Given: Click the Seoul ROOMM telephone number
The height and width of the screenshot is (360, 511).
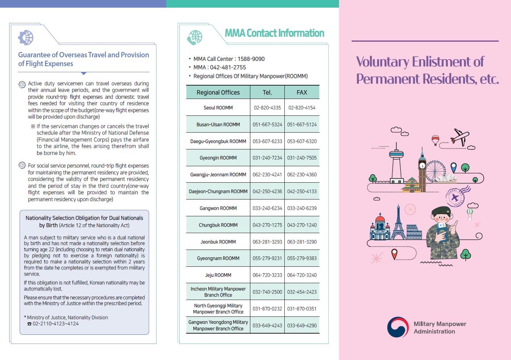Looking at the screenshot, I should click(x=267, y=108).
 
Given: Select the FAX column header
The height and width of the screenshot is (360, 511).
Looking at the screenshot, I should click(x=302, y=92).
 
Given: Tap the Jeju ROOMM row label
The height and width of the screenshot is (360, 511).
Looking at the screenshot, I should click(x=218, y=275).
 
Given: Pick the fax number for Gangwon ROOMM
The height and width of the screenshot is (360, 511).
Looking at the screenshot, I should click(x=302, y=208).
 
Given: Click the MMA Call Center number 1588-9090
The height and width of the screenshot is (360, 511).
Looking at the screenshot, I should click(x=251, y=59).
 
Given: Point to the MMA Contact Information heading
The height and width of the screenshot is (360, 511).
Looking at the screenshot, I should click(x=274, y=33).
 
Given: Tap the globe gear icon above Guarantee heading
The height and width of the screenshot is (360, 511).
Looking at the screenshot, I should click(x=26, y=37).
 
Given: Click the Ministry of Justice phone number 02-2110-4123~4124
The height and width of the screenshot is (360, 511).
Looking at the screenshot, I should click(x=55, y=324).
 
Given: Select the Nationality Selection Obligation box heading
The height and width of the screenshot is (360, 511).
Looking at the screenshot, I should click(x=84, y=221).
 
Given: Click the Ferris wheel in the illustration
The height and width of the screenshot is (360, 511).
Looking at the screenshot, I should click(x=436, y=171).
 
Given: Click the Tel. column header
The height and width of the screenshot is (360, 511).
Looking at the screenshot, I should click(x=267, y=92).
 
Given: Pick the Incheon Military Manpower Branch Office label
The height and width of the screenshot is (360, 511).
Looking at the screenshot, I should click(x=218, y=292).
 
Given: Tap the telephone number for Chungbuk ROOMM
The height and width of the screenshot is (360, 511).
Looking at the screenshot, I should click(x=267, y=225).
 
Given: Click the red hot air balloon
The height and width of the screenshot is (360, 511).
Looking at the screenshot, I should click(x=435, y=139).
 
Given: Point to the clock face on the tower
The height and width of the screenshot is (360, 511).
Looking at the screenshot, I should click(x=422, y=166).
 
